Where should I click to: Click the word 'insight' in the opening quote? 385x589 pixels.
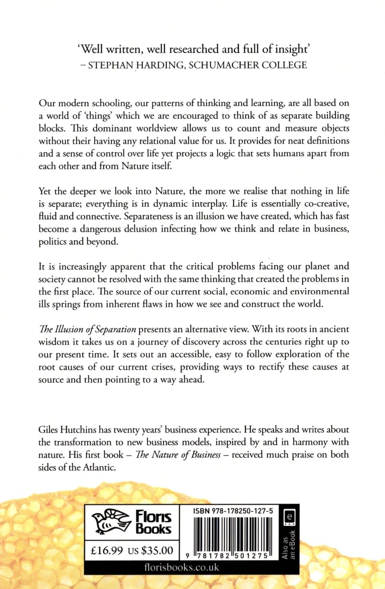[287, 49]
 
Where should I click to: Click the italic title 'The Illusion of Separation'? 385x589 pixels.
[87, 329]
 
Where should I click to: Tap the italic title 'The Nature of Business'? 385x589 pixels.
[178, 455]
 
